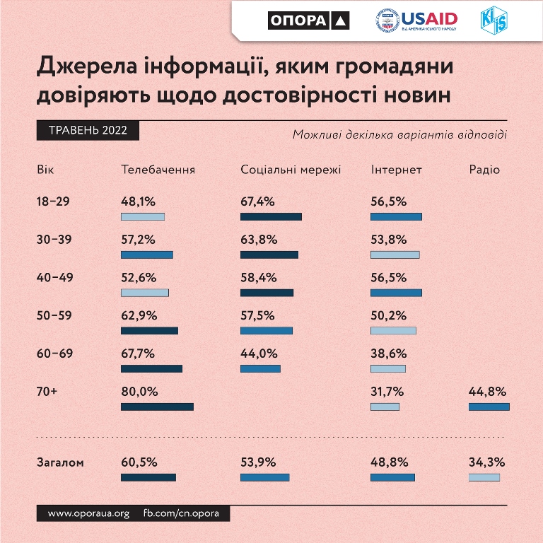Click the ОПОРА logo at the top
tap(309, 21)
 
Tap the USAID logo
tap(416, 21)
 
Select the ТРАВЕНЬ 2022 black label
tap(87, 131)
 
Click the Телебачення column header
tap(158, 170)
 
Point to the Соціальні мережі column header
tap(291, 170)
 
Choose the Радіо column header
tap(484, 170)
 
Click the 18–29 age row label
tap(53, 202)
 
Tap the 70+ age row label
tap(47, 392)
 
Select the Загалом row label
tap(60, 463)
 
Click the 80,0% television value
tap(139, 392)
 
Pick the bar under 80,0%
tap(157, 407)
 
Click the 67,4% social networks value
tap(257, 202)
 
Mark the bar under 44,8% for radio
tap(489, 407)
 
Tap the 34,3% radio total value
tap(486, 463)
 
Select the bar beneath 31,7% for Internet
tap(385, 407)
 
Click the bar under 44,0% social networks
tap(260, 368)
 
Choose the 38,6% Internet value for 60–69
tap(388, 354)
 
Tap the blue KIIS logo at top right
tap(493, 21)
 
